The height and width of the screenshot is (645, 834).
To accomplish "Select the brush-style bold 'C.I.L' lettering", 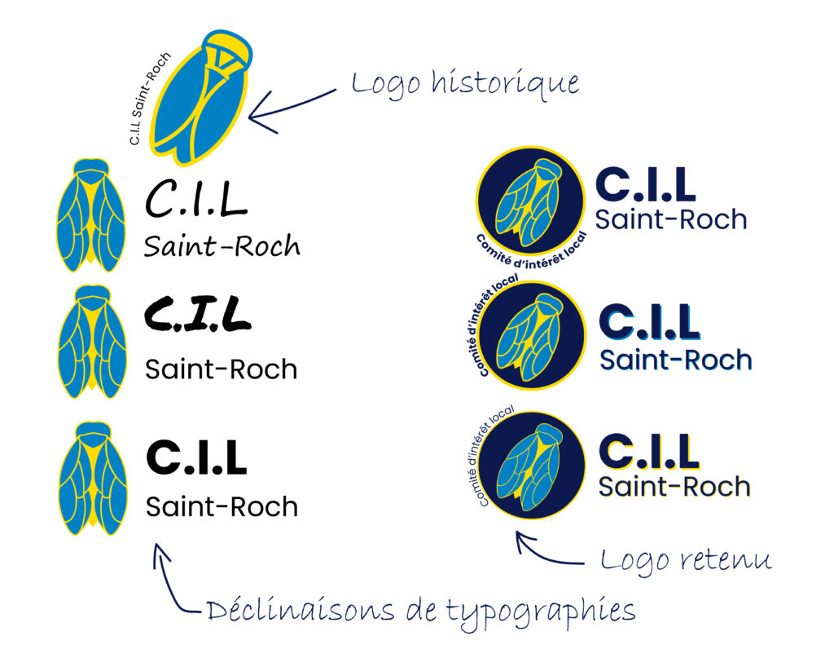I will click(x=196, y=315).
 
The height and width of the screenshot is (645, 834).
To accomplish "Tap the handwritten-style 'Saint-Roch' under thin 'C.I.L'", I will click(x=222, y=245).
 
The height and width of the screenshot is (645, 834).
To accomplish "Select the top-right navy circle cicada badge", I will click(x=529, y=201).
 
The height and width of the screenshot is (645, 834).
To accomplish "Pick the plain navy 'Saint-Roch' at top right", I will click(x=670, y=219).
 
